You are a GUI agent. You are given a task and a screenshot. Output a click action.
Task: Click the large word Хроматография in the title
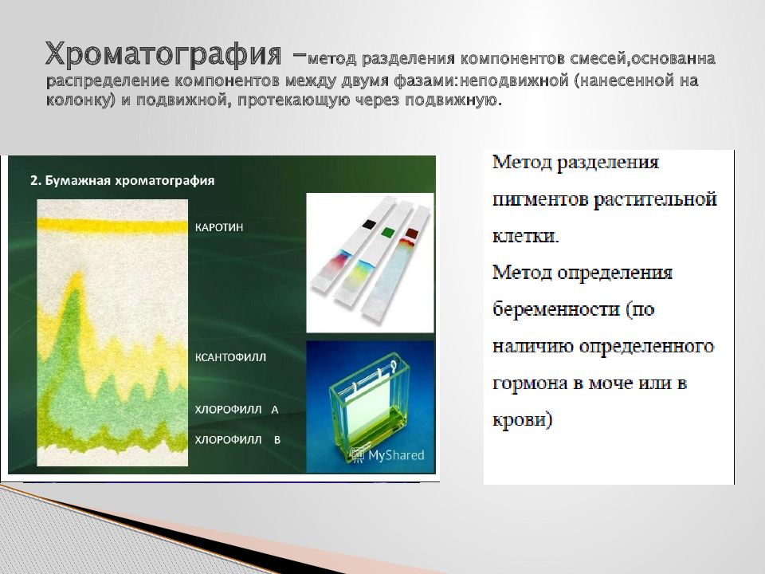pyautogui.click(x=163, y=53)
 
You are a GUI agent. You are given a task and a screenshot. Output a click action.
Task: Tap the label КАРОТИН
pyautogui.click(x=219, y=227)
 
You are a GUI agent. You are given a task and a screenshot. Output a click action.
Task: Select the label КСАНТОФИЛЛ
pyautogui.click(x=231, y=357)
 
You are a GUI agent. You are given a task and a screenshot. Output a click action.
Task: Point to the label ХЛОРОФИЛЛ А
pyautogui.click(x=237, y=410)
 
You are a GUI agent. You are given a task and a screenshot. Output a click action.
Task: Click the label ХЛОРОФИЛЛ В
pyautogui.click(x=237, y=440)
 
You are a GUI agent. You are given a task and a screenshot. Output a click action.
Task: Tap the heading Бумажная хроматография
pyautogui.click(x=123, y=181)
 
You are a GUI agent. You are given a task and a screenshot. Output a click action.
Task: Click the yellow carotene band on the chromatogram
pyautogui.click(x=112, y=226)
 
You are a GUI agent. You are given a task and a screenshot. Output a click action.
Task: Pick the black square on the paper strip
pyautogui.click(x=369, y=223)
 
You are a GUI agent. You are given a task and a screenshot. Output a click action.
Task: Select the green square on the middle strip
pyautogui.click(x=388, y=231)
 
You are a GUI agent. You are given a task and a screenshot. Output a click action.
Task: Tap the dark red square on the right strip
pyautogui.click(x=412, y=233)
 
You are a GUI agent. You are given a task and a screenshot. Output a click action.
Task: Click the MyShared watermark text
pyautogui.click(x=396, y=455)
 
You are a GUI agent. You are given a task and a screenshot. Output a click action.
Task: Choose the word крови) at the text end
pyautogui.click(x=523, y=420)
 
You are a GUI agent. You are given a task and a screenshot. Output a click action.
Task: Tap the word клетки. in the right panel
pyautogui.click(x=525, y=236)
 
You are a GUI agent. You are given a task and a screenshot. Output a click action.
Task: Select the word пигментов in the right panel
pyautogui.click(x=539, y=199)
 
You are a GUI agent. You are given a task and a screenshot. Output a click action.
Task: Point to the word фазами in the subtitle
pyautogui.click(x=426, y=81)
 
